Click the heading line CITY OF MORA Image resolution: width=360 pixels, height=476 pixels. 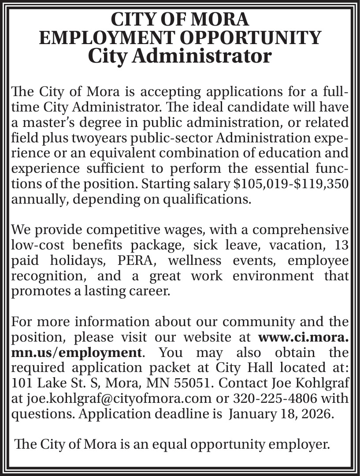pyautogui.click(x=180, y=19)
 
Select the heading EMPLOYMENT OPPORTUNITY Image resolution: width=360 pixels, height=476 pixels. pyautogui.click(x=180, y=38)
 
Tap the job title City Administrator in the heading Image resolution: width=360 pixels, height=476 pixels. pyautogui.click(x=180, y=56)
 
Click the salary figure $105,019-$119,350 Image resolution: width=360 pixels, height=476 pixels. pyautogui.click(x=292, y=184)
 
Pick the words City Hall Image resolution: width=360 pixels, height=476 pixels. pyautogui.click(x=239, y=368)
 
